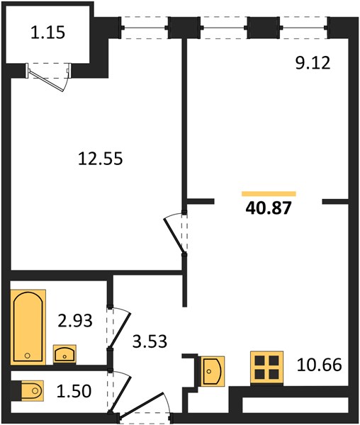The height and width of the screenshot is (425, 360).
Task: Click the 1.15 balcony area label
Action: click(47, 33)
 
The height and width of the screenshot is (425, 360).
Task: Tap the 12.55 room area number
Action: click(101, 159)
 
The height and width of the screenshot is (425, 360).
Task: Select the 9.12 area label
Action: click(313, 64)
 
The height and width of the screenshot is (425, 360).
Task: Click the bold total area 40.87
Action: click(269, 208)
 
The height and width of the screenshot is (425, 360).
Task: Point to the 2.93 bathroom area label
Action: click(75, 320)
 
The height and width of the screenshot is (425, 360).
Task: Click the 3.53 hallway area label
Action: click(150, 341)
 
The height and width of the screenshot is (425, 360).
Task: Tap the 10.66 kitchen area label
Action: click(320, 365)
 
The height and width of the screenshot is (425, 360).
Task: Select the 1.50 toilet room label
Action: click(74, 391)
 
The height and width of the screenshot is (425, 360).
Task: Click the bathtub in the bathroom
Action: click(28, 327)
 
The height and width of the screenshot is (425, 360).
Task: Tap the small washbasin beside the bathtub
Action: click(64, 355)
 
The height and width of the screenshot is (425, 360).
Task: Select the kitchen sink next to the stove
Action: click(211, 371)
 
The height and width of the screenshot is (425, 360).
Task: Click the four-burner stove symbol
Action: click(267, 368)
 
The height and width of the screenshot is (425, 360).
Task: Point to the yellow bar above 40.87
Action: click(269, 193)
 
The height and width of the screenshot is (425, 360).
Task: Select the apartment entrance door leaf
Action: click(142, 403)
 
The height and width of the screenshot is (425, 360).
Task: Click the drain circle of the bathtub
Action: click(27, 356)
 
